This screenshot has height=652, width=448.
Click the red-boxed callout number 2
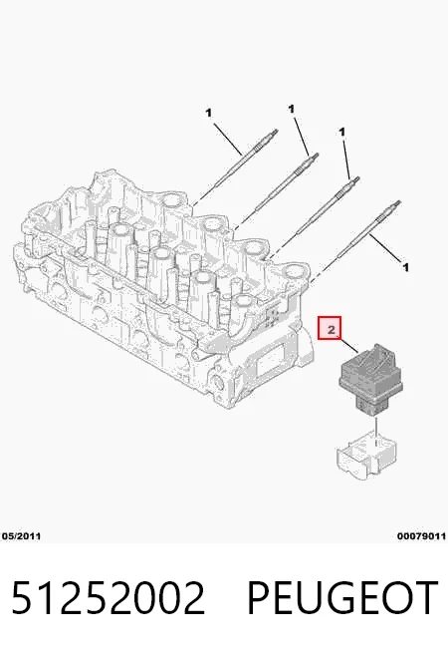click(x=330, y=328)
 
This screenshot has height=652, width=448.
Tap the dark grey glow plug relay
click(x=370, y=379)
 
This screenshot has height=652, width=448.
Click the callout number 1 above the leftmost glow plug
click(x=208, y=113)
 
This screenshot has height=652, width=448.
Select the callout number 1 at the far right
click(x=405, y=267)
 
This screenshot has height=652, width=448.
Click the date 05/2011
click(x=22, y=536)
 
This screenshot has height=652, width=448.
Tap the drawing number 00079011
click(x=421, y=536)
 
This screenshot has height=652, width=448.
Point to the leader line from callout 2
click(x=349, y=346)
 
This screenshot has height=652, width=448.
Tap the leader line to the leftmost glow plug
click(x=228, y=138)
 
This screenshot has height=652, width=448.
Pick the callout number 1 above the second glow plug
click(x=291, y=109)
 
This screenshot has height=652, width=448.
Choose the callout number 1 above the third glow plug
click(x=341, y=133)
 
